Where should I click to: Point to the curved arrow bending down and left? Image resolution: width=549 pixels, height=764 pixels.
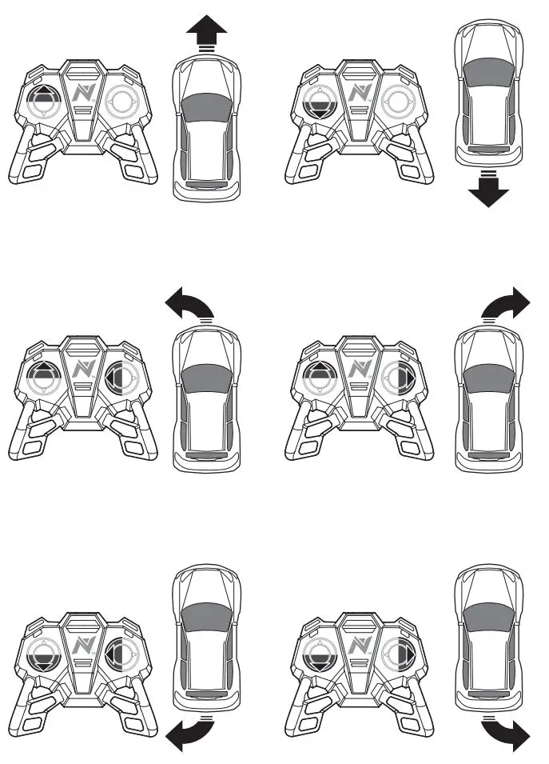(x=187, y=736)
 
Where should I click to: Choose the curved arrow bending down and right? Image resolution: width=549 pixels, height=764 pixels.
(x=508, y=734)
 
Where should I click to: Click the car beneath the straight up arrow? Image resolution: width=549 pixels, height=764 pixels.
(x=208, y=128)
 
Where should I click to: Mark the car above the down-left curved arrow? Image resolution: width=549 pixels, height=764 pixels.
(x=208, y=636)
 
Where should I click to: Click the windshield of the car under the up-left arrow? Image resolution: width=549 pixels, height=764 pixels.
(x=208, y=376)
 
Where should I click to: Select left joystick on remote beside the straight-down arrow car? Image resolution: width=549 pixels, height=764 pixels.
(x=322, y=102)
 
